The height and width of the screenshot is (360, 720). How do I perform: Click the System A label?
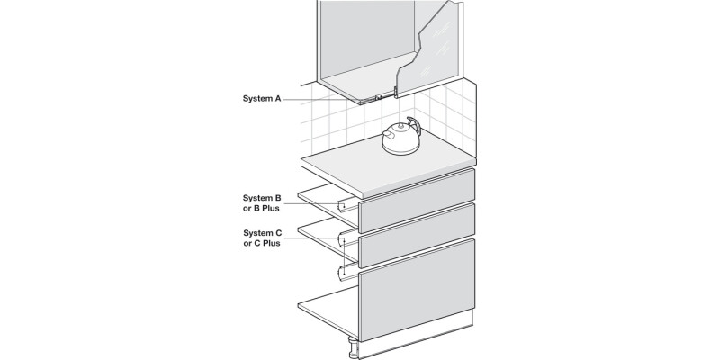262,98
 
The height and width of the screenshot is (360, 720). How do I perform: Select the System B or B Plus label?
262,203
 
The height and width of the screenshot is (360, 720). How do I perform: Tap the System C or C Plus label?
262,238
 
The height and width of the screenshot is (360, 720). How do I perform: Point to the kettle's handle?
414,125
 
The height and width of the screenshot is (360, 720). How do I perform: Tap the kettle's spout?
388,134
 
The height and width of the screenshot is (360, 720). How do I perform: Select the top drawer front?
417,201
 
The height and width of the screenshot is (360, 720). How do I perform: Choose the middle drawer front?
417,236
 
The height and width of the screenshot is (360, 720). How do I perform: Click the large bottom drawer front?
417,289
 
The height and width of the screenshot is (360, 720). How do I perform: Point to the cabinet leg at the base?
354,348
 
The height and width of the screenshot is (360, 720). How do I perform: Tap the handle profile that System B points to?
347,206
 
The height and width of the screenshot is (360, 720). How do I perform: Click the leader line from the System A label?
321,99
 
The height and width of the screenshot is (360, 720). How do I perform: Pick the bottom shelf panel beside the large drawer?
328,312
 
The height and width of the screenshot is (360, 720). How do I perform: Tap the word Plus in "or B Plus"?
271,209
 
